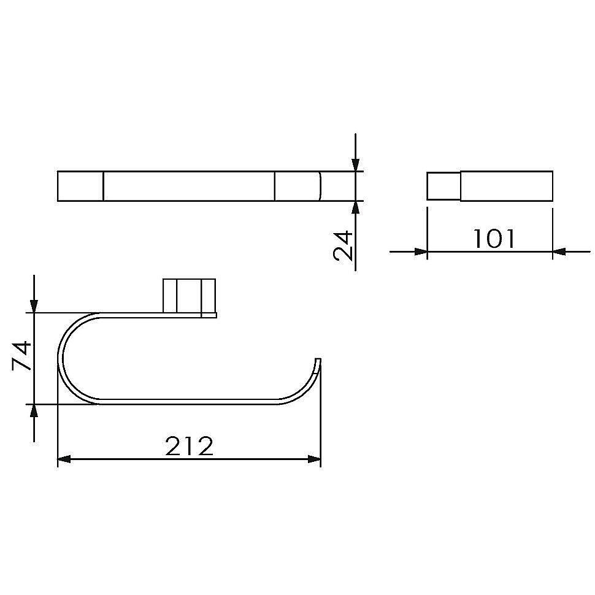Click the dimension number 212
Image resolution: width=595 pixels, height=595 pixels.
[x=190, y=446]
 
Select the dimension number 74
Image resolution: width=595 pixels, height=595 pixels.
[x=21, y=355]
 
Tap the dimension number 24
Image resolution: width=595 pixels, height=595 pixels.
[x=343, y=246]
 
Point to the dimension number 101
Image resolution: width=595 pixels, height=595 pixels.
[x=494, y=239]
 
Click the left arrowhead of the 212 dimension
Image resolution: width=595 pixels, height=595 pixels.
[x=64, y=459]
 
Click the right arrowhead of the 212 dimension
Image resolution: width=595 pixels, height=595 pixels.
[x=314, y=459]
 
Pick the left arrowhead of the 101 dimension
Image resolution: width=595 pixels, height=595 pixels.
[x=421, y=251]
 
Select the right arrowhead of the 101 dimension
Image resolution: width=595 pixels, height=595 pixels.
[x=559, y=251]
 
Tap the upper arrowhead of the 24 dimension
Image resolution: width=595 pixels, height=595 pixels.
[x=356, y=164]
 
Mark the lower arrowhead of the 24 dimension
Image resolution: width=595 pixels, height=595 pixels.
[x=356, y=207]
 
